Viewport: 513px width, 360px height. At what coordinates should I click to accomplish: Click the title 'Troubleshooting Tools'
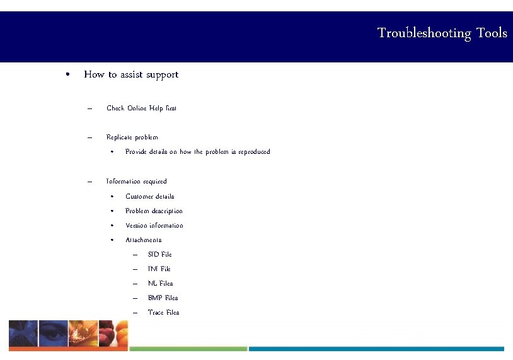point(442,33)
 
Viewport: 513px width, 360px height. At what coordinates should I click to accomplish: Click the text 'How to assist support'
point(131,74)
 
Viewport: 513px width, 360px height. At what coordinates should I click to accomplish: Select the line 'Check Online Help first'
point(141,108)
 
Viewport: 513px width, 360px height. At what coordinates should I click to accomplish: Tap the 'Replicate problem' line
point(132,137)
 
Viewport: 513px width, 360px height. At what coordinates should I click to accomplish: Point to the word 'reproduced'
point(252,152)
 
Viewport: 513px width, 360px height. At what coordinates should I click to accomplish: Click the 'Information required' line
point(136,182)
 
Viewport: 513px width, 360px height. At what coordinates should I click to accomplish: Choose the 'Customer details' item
point(149,197)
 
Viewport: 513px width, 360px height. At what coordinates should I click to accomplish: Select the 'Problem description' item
point(154,211)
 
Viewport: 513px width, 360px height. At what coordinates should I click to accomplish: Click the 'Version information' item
point(154,226)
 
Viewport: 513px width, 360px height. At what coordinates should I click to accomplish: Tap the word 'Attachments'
point(143,240)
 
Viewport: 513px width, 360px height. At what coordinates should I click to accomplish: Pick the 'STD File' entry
point(159,255)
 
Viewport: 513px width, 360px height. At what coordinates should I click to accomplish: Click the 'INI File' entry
point(159,269)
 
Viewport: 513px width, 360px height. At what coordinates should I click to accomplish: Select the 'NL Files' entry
point(160,284)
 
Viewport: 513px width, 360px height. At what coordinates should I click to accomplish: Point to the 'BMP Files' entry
point(163,298)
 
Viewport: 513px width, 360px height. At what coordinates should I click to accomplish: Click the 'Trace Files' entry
point(163,313)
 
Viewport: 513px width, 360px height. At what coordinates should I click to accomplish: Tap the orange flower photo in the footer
point(83,334)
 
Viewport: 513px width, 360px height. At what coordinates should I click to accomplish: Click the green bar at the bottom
point(187,349)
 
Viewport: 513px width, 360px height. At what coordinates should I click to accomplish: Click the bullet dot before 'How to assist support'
point(67,74)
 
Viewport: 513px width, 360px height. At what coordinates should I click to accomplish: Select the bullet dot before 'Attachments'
point(111,240)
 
